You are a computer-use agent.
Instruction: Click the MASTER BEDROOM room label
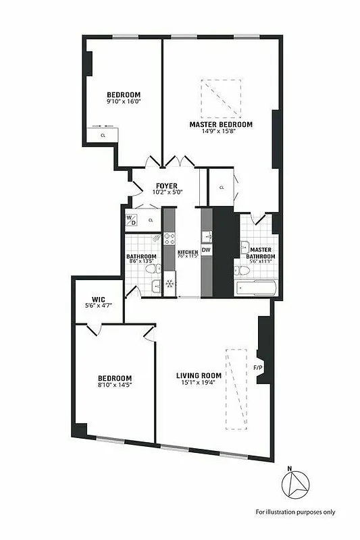click(221, 125)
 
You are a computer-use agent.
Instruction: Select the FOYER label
click(166, 186)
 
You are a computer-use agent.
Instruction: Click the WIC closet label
click(99, 300)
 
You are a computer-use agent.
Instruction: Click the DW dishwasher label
click(206, 250)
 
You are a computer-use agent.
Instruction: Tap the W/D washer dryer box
click(132, 219)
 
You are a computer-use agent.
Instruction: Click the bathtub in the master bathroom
click(255, 288)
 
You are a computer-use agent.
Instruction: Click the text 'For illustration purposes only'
click(294, 512)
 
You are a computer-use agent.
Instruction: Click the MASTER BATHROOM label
click(260, 252)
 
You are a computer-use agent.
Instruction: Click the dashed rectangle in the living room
click(237, 388)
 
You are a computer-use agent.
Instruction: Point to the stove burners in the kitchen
click(170, 239)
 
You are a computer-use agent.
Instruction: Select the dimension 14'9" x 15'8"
click(221, 132)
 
